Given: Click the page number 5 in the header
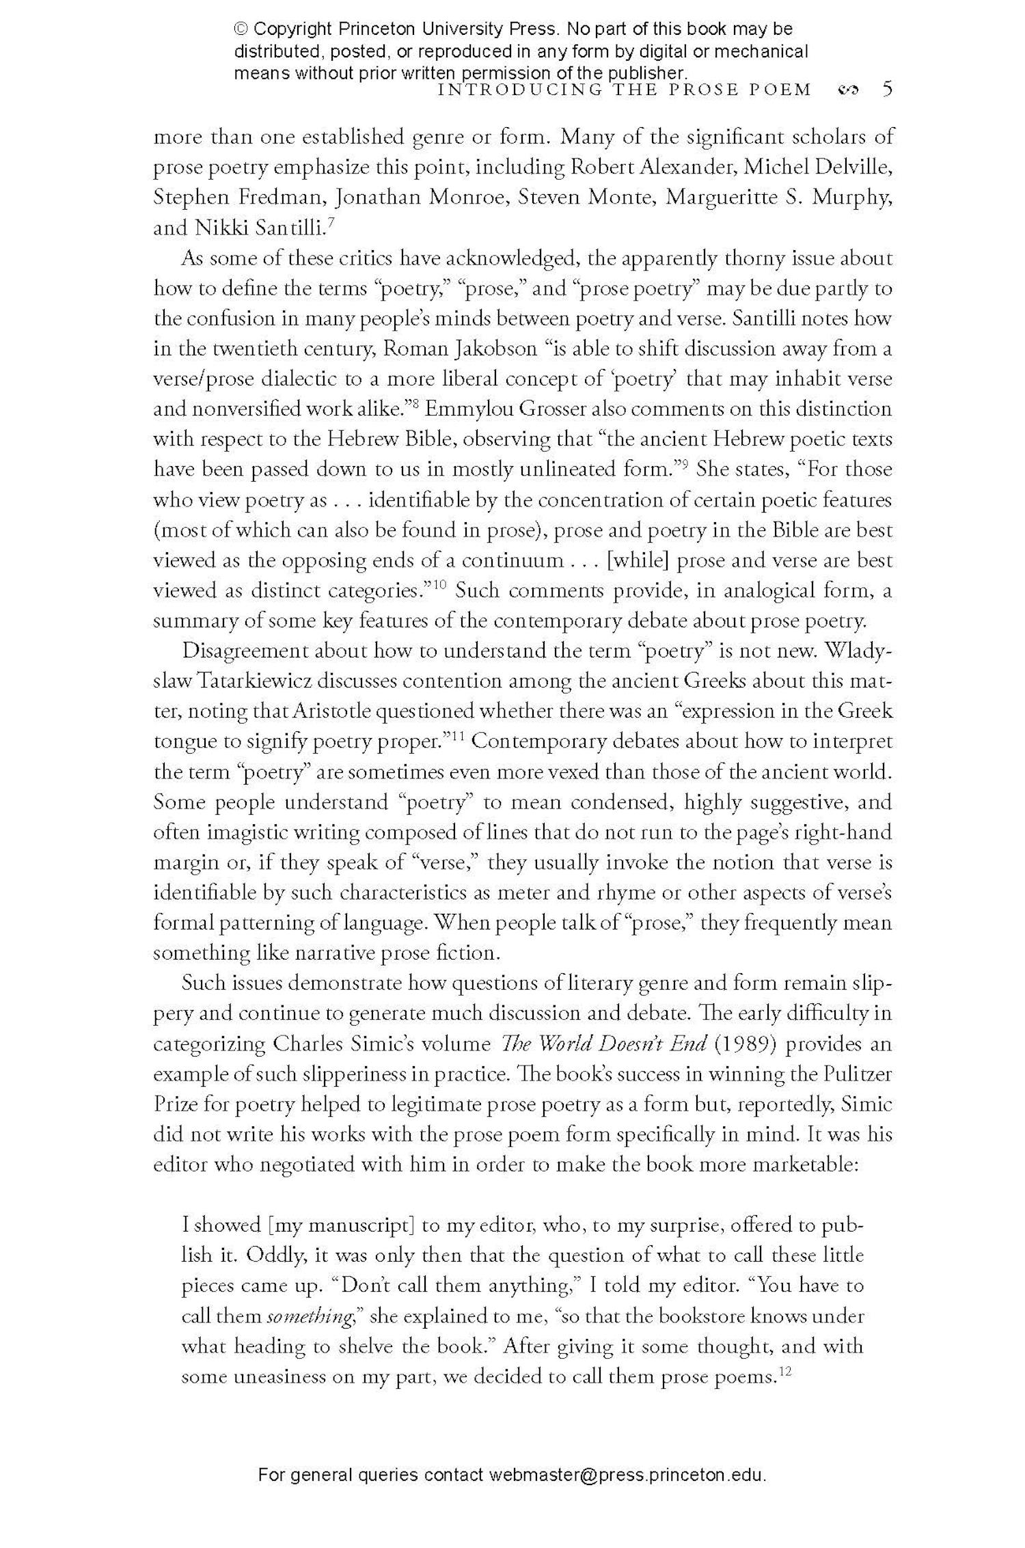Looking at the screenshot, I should (x=887, y=90).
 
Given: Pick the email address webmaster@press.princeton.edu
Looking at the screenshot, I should (x=627, y=1493).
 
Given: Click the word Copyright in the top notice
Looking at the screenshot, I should (x=294, y=29).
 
